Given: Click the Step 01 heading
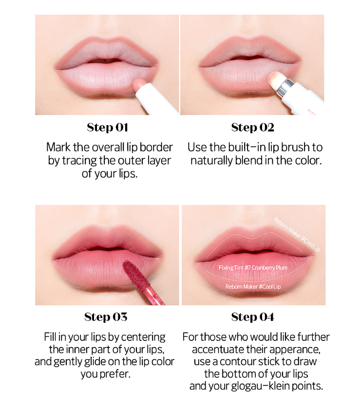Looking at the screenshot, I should pyautogui.click(x=107, y=128).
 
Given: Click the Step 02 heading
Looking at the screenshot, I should pyautogui.click(x=252, y=128).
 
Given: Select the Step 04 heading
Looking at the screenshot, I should pyautogui.click(x=252, y=317).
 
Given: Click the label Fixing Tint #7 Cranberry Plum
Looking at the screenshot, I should pyautogui.click(x=253, y=268).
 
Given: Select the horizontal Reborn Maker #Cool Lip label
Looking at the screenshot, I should pyautogui.click(x=253, y=287).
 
